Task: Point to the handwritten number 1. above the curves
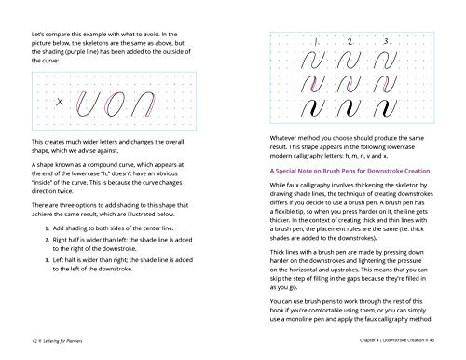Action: click(317, 42)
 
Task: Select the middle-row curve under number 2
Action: click(350, 83)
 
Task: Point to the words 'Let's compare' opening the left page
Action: click(50, 33)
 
